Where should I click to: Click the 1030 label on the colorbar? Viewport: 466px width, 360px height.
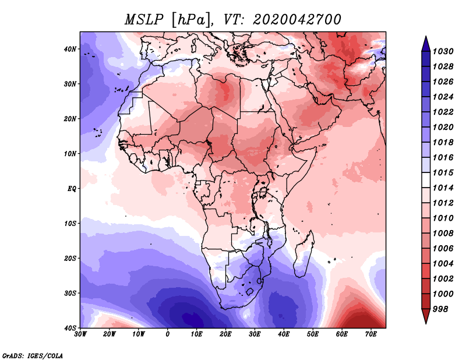443,51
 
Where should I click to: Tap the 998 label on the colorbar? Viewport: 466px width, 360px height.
440,309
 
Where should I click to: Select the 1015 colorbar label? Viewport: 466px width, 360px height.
443,172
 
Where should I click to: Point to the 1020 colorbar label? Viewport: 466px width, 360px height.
443,127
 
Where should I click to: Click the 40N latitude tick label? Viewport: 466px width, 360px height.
70,49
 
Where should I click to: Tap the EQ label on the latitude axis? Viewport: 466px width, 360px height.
72,189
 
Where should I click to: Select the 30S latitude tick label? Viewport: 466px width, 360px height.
70,294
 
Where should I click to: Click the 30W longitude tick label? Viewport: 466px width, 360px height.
80,334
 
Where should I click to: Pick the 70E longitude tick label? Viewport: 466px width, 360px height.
371,334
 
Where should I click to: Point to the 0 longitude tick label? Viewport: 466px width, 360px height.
168,334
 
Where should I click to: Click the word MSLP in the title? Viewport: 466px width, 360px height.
144,20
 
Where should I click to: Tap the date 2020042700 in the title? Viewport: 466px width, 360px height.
297,20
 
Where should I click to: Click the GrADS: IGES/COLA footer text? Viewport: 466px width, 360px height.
33,355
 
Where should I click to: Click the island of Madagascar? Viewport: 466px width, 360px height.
304,254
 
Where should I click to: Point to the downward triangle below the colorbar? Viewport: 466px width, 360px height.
426,316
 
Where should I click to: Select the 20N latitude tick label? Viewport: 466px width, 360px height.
70,119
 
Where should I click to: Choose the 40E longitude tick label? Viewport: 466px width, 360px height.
284,334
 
